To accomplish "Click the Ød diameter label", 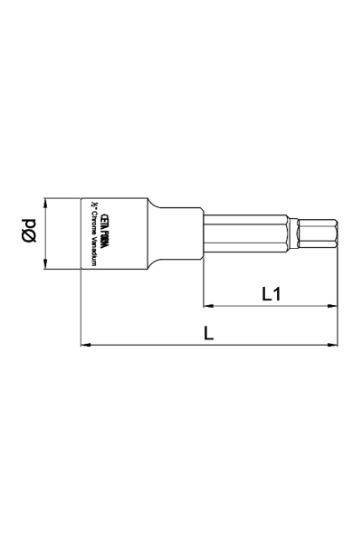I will pyautogui.click(x=29, y=233).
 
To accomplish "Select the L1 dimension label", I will pyautogui.click(x=271, y=293).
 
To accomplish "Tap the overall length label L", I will pyautogui.click(x=209, y=333).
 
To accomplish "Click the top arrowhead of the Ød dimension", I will pyautogui.click(x=46, y=201).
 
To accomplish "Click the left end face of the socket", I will pyautogui.click(x=81, y=233).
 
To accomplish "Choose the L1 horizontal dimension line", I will pyautogui.click(x=271, y=306).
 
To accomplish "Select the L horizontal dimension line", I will pyautogui.click(x=209, y=345).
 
